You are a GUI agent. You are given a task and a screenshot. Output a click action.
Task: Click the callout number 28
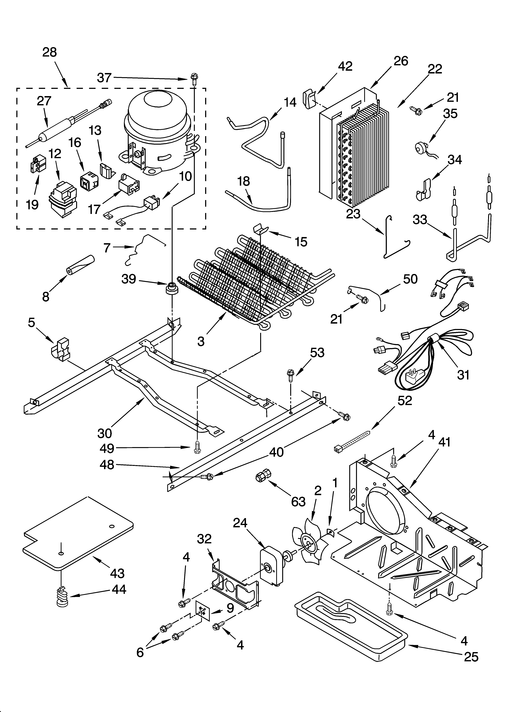point(50,52)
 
